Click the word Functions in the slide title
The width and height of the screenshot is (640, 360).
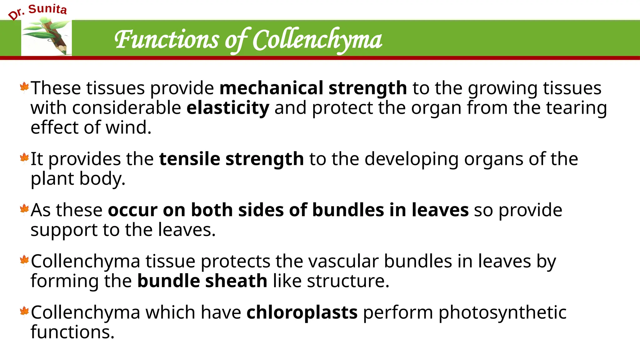click(167, 40)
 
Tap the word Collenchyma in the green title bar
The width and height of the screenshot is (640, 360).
click(317, 40)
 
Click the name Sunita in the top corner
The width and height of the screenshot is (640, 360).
click(47, 9)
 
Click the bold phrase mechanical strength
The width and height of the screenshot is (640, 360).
click(313, 88)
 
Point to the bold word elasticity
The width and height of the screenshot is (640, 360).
click(228, 108)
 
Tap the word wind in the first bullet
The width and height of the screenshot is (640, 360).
click(128, 127)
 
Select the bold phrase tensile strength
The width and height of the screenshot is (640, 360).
click(231, 159)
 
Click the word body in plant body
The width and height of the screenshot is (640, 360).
click(102, 178)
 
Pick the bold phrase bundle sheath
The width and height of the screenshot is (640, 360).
click(202, 281)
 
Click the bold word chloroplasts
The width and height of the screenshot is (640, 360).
click(302, 312)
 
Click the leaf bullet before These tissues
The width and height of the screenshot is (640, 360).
click(24, 87)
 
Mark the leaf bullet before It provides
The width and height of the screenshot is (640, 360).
click(24, 158)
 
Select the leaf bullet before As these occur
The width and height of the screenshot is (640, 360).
click(24, 209)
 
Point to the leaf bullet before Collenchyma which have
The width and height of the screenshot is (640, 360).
click(24, 311)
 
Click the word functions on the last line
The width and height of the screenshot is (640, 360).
click(72, 332)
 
